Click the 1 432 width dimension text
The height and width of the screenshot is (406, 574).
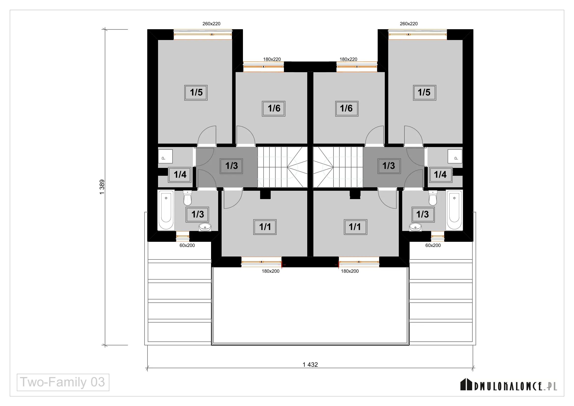pos(310,365)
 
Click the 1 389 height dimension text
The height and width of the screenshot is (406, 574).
pos(102,187)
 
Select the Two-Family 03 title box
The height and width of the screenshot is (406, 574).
pos(63,382)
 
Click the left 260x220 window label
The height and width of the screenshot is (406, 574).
pos(211,24)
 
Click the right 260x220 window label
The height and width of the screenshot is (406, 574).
pos(409,24)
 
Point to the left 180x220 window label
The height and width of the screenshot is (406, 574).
pos(272,59)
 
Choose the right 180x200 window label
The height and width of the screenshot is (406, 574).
pos(350,271)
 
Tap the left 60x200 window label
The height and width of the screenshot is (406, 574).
pos(187,245)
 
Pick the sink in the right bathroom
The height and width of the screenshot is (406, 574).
pos(415,227)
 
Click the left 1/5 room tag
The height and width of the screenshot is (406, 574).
pos(196,93)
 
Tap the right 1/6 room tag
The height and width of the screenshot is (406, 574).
pos(347,108)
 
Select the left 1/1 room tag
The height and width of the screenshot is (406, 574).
pos(265,227)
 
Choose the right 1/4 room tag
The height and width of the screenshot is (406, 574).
pos(441,175)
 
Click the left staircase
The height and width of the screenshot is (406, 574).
pos(282,167)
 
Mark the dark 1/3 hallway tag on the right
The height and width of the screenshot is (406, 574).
pos(389,166)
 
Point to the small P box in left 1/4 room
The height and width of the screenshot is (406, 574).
pos(165,156)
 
